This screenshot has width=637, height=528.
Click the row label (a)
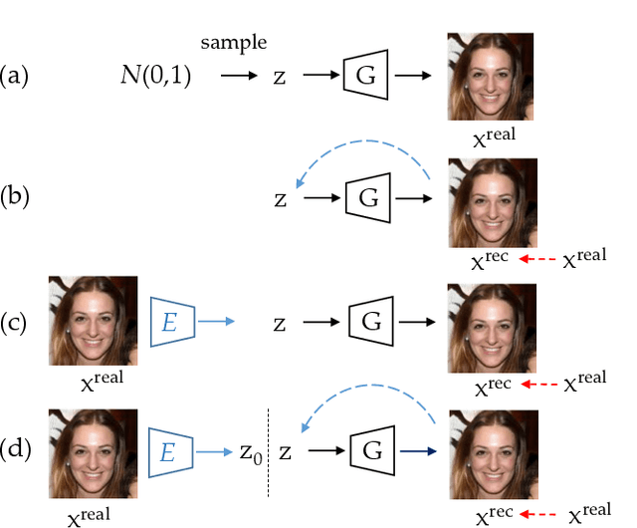pos(17,75)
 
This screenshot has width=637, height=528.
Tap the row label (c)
pos(17,323)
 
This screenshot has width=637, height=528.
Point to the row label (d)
pos(17,450)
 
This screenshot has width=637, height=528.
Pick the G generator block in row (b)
pos(368,198)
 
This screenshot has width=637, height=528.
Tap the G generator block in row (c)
pos(370,322)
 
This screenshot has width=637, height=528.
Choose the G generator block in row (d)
pos(370,450)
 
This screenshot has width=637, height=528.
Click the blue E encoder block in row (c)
pos(170,321)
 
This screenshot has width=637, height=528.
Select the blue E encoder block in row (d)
pos(170,450)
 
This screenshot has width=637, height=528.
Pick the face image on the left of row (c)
pos(93,320)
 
